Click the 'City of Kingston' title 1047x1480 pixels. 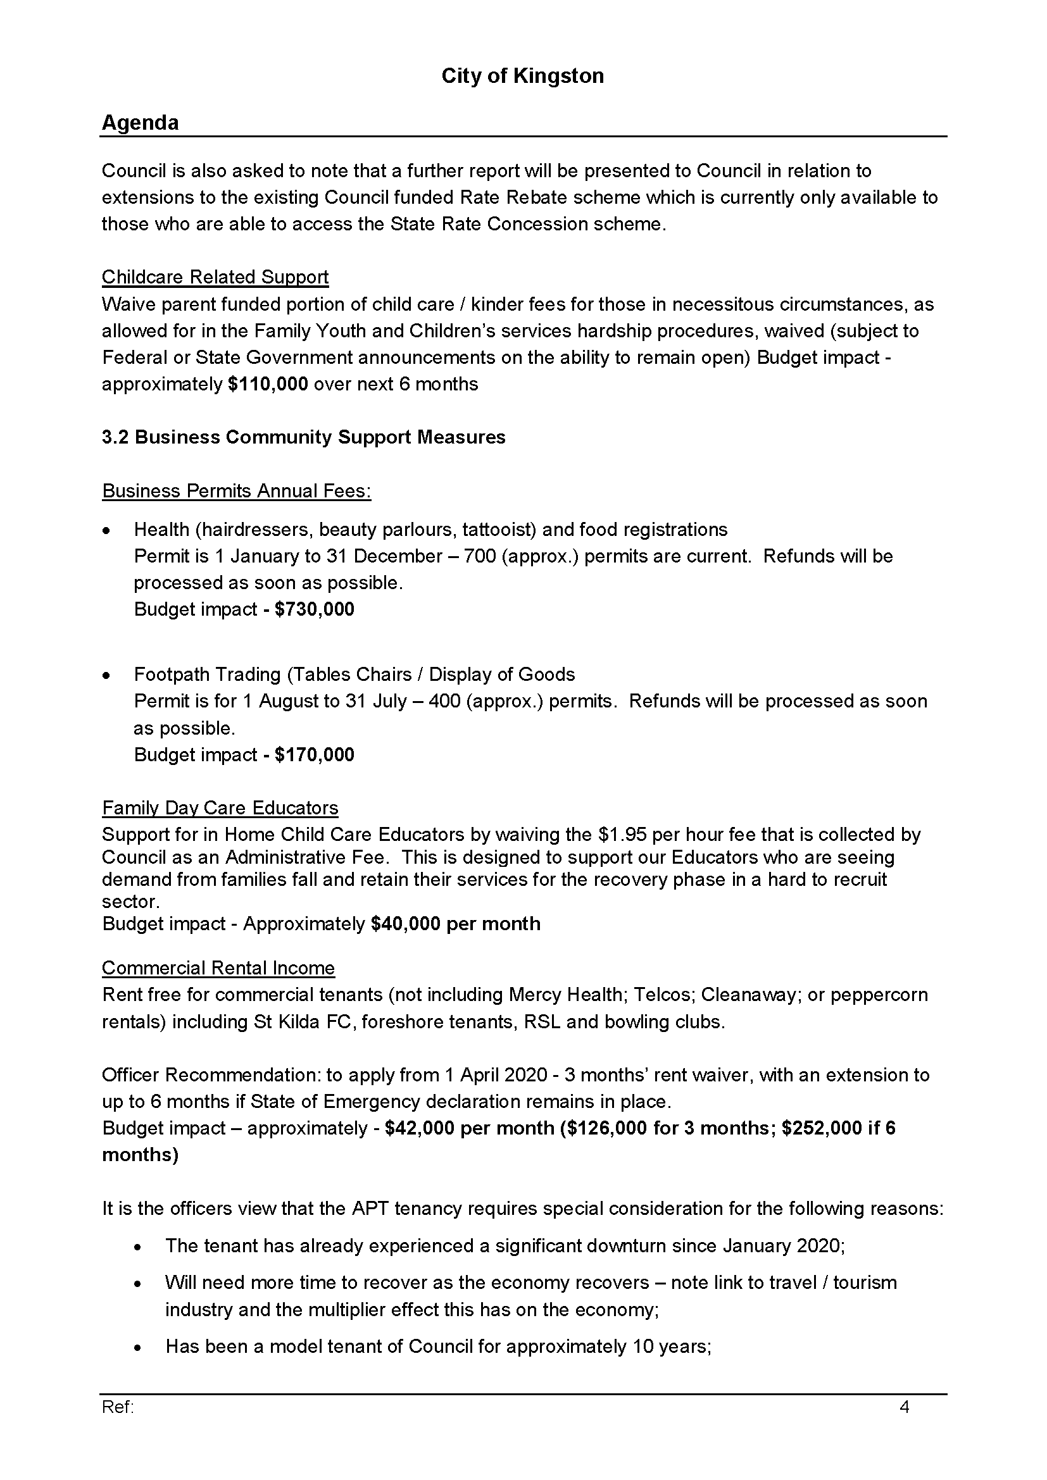[522, 76]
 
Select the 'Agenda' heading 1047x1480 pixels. [140, 123]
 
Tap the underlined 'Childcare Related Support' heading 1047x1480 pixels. [215, 277]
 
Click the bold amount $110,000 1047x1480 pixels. [268, 384]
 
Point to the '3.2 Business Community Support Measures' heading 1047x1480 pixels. [304, 437]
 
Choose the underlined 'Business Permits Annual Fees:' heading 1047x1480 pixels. [237, 491]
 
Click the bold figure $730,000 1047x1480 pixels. [314, 609]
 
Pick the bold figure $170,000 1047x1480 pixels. [314, 754]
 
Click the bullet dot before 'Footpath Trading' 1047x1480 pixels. [106, 676]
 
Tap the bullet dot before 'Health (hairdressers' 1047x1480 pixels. [106, 530]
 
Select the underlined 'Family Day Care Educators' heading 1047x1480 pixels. [220, 807]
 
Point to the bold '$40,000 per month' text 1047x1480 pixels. [456, 924]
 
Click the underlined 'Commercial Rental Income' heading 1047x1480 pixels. [218, 968]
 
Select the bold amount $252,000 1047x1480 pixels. [822, 1128]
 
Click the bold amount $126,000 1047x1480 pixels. [606, 1128]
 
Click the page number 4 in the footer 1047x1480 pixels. [904, 1407]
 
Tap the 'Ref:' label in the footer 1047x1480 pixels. [118, 1407]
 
